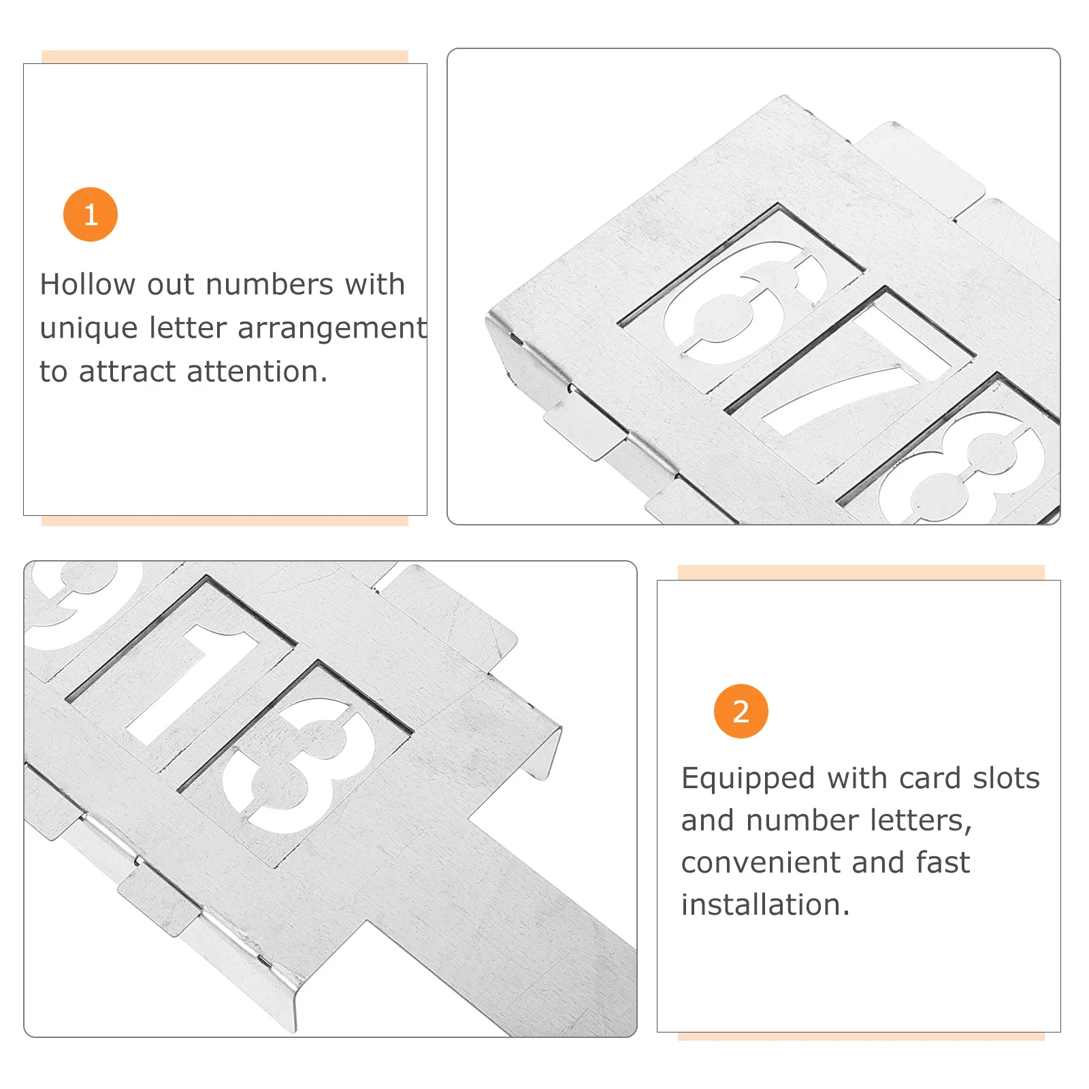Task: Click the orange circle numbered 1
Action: (x=91, y=214)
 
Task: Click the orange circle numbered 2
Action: (x=741, y=711)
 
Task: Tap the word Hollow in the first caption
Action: (x=88, y=284)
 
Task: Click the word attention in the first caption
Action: (x=257, y=372)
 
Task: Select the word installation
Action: (x=766, y=905)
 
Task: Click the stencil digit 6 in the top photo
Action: (x=746, y=302)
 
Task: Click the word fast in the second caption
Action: (x=943, y=862)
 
